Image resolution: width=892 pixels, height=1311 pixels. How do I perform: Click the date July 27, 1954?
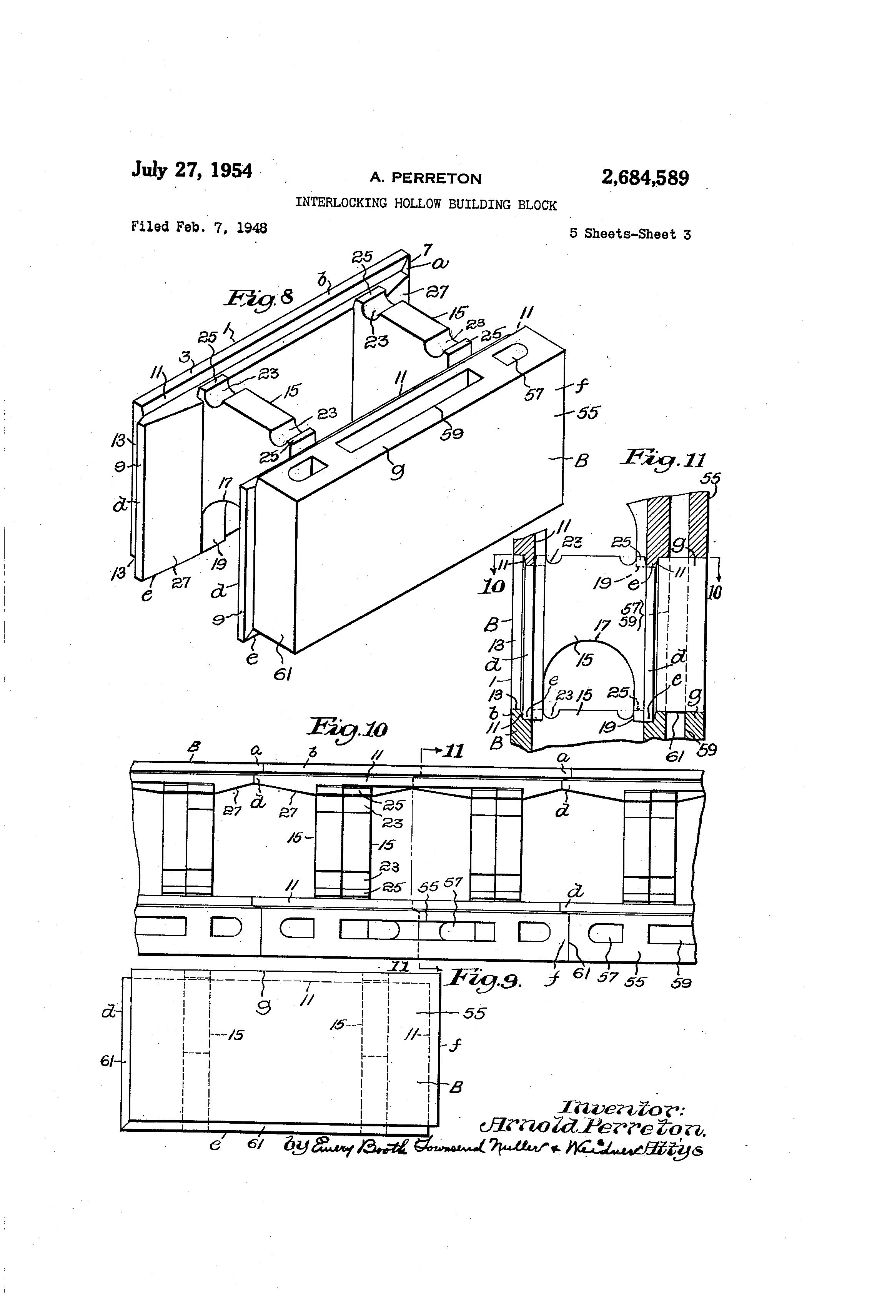click(192, 169)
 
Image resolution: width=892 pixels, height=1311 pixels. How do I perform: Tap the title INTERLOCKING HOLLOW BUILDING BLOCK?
click(426, 204)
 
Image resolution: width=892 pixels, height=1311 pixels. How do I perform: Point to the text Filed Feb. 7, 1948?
click(199, 227)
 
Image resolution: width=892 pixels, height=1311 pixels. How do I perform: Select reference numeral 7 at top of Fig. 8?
click(428, 249)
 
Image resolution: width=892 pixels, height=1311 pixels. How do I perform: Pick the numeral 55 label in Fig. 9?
click(474, 1013)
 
